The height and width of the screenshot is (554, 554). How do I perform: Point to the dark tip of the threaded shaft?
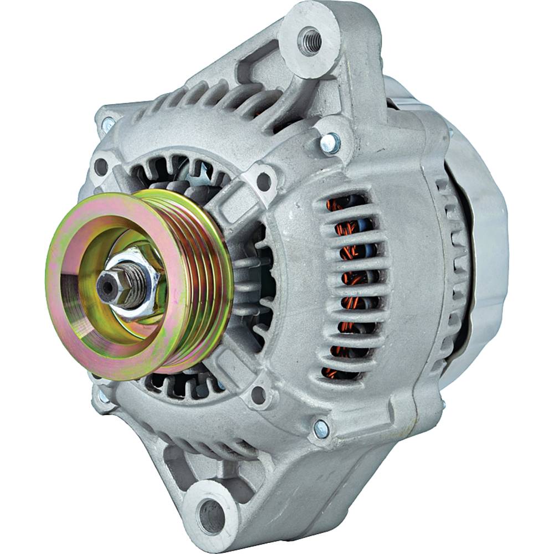pyautogui.click(x=106, y=286)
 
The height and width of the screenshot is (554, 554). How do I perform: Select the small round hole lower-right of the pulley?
pyautogui.click(x=257, y=394)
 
